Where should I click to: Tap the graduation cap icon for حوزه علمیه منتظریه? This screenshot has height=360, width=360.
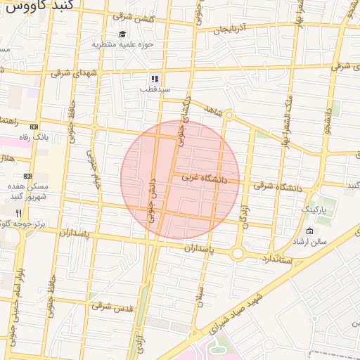click(x=122, y=34)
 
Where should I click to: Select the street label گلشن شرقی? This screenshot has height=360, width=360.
click(x=136, y=19)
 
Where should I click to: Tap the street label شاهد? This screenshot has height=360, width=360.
click(x=212, y=110)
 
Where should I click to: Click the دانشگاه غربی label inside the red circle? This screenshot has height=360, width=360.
click(x=205, y=179)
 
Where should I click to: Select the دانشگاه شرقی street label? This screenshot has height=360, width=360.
click(x=278, y=186)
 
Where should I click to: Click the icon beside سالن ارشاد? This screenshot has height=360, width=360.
click(x=310, y=231)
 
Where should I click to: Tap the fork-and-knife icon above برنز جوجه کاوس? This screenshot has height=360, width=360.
click(x=19, y=212)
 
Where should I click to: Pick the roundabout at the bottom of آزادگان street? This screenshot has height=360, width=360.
click(x=238, y=252)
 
